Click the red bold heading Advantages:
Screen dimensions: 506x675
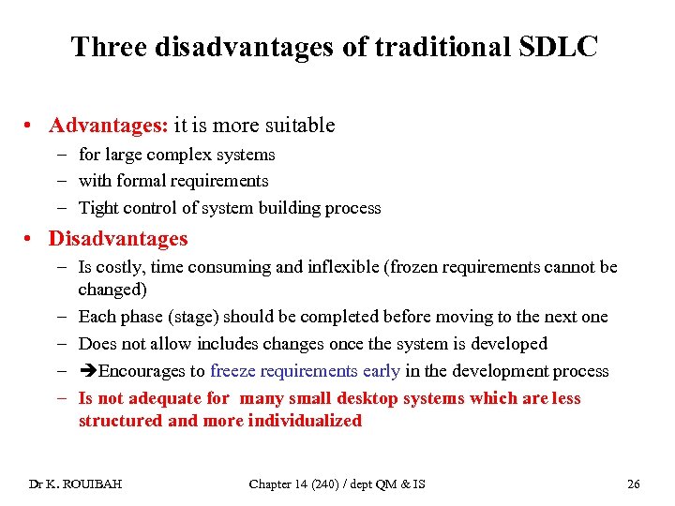tap(109, 125)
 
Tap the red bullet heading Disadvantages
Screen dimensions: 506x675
tap(118, 239)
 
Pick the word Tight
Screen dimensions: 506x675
tap(98, 208)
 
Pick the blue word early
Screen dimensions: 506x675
tap(380, 371)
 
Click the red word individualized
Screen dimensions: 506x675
tap(305, 421)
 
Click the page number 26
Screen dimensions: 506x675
tap(633, 484)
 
